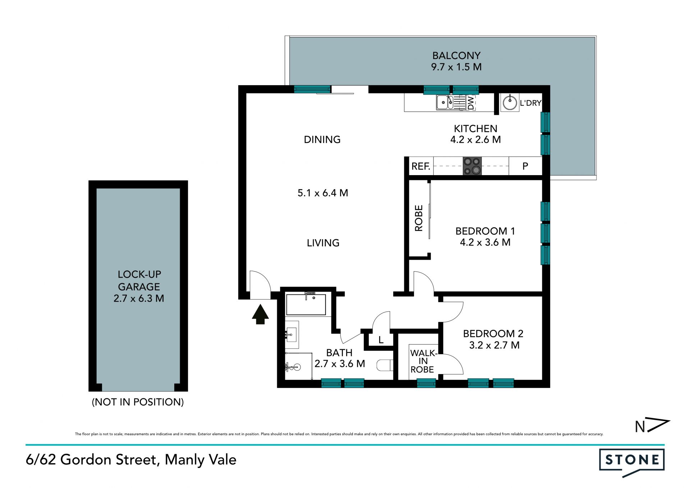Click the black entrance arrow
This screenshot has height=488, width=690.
point(260,314)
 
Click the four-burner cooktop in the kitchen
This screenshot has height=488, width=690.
point(472,166)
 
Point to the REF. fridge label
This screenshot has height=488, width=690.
point(421,167)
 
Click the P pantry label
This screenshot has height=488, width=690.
point(525,166)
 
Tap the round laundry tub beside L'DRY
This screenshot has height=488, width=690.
point(510,102)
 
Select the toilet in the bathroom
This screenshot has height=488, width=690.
point(385,365)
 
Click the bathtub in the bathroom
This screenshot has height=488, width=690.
point(306,305)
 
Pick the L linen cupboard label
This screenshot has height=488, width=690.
point(381,340)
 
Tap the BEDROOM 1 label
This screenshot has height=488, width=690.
point(485,231)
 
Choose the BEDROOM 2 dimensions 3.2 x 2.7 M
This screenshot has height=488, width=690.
point(494,345)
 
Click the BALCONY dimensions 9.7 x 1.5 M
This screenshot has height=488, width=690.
point(456,67)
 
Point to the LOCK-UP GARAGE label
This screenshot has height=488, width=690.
point(139,281)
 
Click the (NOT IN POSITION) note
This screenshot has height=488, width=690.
point(138,402)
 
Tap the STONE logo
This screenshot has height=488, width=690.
point(632,461)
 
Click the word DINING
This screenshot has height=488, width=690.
point(322,140)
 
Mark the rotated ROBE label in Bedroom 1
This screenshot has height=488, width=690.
point(419,218)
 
